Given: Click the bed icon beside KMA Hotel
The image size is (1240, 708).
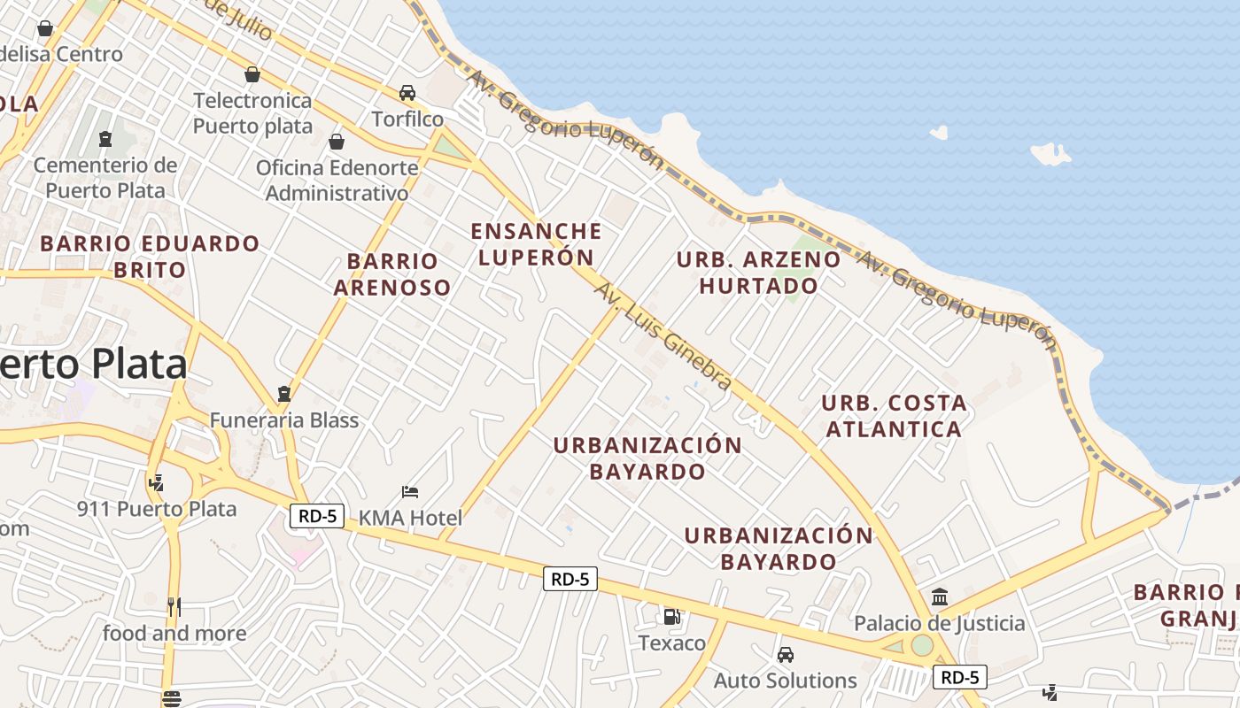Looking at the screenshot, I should pos(409,492).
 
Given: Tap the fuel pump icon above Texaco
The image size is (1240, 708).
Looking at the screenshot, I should pos(672,617).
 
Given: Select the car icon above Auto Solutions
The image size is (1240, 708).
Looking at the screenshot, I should pos(785,655).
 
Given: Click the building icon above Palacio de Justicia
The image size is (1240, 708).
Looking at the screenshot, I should pos(940,597).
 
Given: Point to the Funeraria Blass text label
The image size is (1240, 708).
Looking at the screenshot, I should pos(284,419).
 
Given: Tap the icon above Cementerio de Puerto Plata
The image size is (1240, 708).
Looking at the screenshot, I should pos(105,139).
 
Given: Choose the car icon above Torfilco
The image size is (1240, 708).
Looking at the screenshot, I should pos(407,93).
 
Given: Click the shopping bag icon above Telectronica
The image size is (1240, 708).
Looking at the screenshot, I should pos(252,74).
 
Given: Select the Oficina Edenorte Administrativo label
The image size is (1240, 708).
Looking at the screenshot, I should pos(337,180).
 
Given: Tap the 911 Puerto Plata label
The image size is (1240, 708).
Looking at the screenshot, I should pos(157,509).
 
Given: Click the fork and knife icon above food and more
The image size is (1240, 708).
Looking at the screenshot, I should pos(174,607).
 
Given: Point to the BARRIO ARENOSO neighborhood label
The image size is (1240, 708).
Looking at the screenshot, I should pos(392,274).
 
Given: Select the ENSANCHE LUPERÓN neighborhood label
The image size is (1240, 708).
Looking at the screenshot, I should pos(536,244).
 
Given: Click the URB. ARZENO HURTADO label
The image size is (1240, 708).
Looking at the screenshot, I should pos(759,273).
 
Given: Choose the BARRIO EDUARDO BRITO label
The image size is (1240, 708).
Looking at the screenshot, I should pos(150,256).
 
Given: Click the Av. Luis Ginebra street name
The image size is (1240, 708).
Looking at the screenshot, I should pos(663,336).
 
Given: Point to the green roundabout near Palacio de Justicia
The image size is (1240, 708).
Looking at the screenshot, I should pos(922,645).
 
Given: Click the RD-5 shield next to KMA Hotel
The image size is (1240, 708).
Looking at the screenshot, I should pos(317,516).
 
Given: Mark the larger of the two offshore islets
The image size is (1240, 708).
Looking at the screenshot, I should pos(1051,154).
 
